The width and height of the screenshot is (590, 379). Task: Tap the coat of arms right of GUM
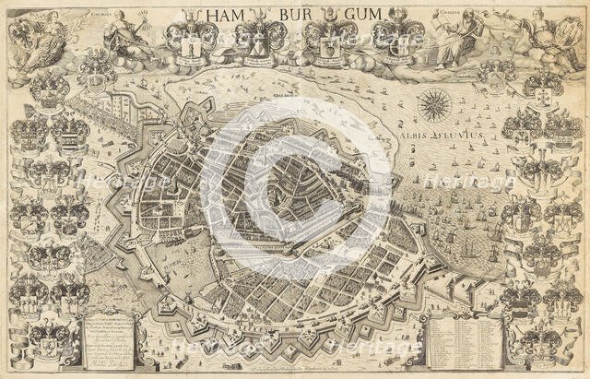click(x=403, y=37)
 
